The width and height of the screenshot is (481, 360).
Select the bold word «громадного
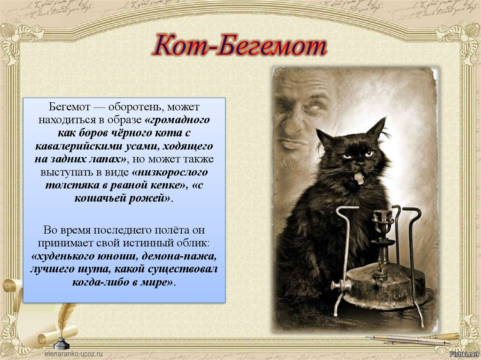177,120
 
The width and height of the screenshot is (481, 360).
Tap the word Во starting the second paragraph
49,230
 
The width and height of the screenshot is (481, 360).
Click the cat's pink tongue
358,178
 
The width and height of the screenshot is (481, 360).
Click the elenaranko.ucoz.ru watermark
74,353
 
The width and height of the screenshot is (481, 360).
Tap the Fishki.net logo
464,354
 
